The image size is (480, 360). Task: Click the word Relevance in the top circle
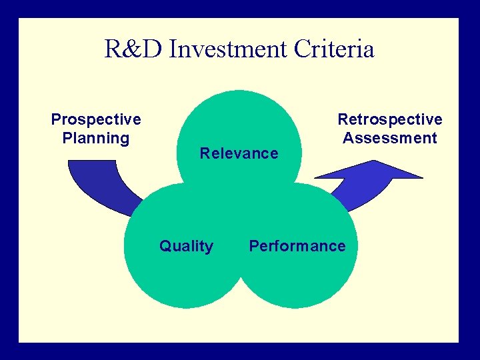click(239, 153)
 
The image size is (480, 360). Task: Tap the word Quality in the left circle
click(186, 247)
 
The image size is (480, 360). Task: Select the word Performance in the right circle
click(297, 246)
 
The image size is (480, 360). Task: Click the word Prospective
click(96, 119)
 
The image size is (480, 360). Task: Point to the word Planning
click(96, 138)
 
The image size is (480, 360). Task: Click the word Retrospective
click(390, 119)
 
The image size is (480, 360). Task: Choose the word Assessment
click(390, 138)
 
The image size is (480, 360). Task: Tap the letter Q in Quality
click(165, 247)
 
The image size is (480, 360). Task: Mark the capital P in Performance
click(254, 246)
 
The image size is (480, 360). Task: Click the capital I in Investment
click(174, 49)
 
